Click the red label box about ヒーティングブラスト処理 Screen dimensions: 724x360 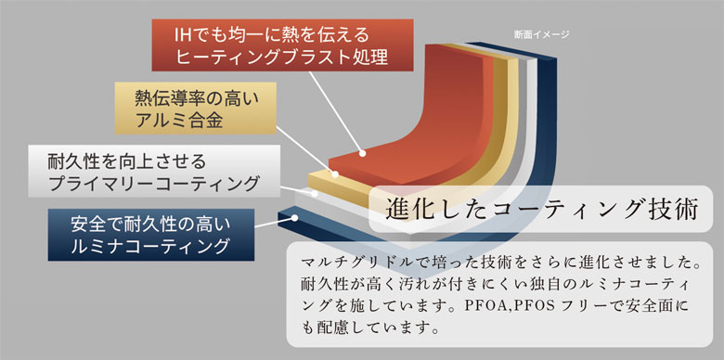click(x=282, y=45)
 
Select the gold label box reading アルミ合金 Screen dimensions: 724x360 click(x=195, y=108)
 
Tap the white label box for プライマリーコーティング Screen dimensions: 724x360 click(x=154, y=172)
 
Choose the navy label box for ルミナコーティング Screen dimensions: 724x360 click(x=151, y=235)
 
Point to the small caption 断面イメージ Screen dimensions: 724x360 click(x=542, y=34)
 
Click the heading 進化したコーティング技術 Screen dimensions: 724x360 click(x=541, y=210)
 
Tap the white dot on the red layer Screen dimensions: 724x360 click(x=362, y=153)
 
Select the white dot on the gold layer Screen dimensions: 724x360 click(x=335, y=174)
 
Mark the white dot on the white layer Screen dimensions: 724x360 click(x=315, y=194)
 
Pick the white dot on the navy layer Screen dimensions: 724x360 click(x=294, y=217)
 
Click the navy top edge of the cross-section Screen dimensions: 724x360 click(x=511, y=49)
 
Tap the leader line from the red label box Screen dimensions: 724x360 click(x=336, y=112)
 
